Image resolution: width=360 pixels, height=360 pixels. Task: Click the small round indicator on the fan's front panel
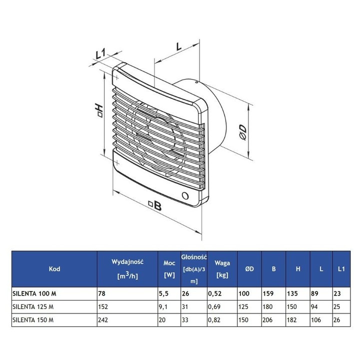(x=185, y=195)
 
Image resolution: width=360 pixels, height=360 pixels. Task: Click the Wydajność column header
(x=127, y=261)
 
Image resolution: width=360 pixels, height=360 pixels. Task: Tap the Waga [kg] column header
(x=221, y=269)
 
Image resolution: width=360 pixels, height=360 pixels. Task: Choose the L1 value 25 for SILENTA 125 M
(x=337, y=306)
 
